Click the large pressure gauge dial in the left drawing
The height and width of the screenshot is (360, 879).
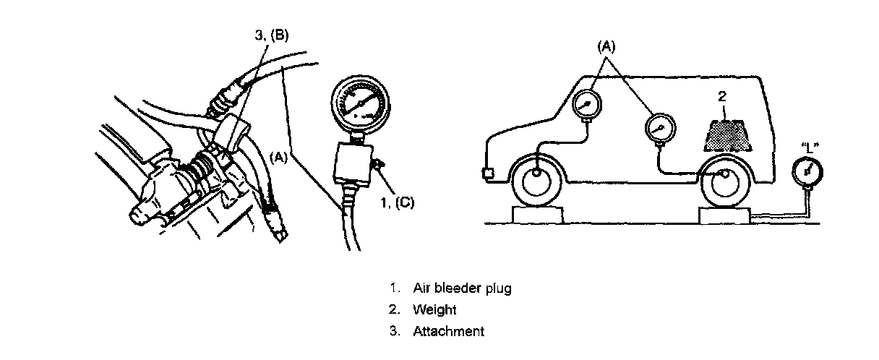[359, 103]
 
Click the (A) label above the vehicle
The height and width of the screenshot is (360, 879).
[605, 47]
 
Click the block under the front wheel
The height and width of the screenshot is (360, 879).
[538, 214]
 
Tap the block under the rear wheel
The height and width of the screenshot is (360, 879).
[724, 215]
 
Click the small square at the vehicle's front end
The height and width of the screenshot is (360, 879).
[486, 174]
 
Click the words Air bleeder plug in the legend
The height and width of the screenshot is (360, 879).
[462, 288]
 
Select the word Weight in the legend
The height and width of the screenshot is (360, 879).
[434, 310]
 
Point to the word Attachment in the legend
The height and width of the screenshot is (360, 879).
[448, 332]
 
